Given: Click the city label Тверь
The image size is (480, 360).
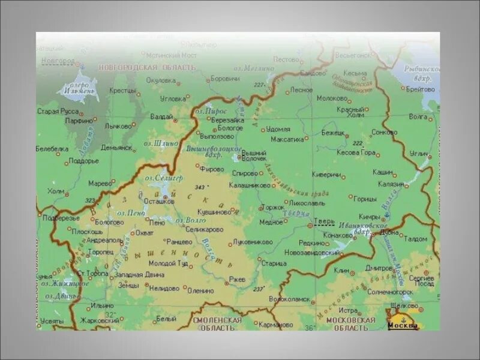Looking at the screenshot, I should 325,221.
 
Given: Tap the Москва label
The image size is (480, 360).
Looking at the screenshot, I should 403,325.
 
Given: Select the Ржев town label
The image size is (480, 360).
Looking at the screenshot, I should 238,279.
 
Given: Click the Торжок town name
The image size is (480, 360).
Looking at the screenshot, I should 274,207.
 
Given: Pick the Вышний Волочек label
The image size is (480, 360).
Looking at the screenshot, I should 254,155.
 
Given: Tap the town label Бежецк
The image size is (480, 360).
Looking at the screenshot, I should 333,132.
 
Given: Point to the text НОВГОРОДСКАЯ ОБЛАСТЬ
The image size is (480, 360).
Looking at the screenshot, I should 148,68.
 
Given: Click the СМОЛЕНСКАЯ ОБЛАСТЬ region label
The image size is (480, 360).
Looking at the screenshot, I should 217,324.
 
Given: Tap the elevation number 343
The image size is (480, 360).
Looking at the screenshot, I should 200,187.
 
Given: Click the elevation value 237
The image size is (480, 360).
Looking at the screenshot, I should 259,289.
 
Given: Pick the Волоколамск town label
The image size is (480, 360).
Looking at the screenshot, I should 290,298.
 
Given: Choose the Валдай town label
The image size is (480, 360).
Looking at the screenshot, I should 161,116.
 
